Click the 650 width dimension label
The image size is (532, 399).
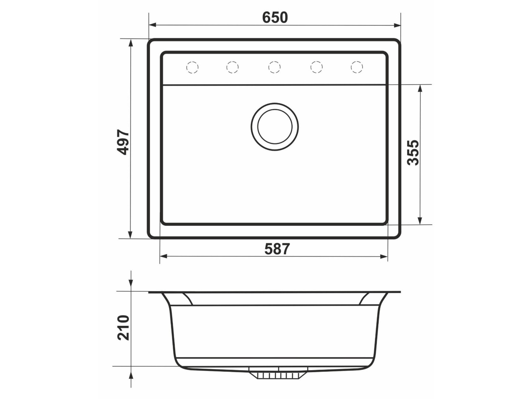coord(275,17)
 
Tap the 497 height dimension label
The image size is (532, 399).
coord(123,142)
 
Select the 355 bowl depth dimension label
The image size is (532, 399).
coord(413,153)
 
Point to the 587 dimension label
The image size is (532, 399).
coord(277,249)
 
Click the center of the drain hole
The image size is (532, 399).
coord(274,127)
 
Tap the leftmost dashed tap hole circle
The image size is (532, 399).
coord(192,67)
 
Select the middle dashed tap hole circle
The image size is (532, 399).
coord(274,67)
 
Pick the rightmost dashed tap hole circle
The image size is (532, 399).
coord(357,67)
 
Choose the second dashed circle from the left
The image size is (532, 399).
coord(232,67)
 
